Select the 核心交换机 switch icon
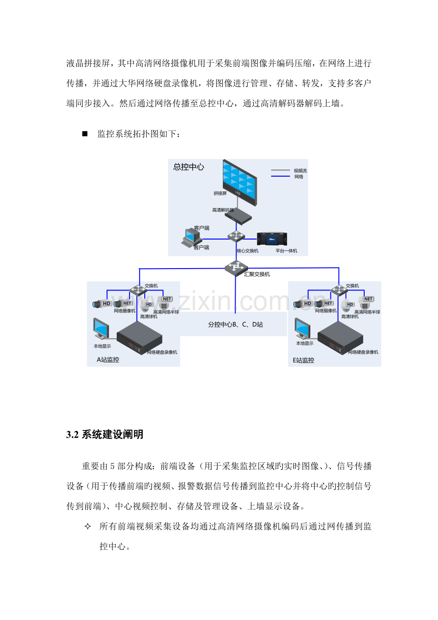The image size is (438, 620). pyautogui.click(x=236, y=236)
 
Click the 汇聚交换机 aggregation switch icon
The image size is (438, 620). pyautogui.click(x=236, y=268)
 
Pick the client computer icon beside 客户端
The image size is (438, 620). pyautogui.click(x=189, y=237)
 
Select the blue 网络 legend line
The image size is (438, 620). pyautogui.click(x=280, y=176)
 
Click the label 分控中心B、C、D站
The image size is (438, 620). pyautogui.click(x=236, y=324)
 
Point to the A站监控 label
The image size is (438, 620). pyautogui.click(x=108, y=360)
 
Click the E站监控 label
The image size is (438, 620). pyautogui.click(x=304, y=360)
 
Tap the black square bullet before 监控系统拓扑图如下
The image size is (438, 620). pyautogui.click(x=85, y=134)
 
